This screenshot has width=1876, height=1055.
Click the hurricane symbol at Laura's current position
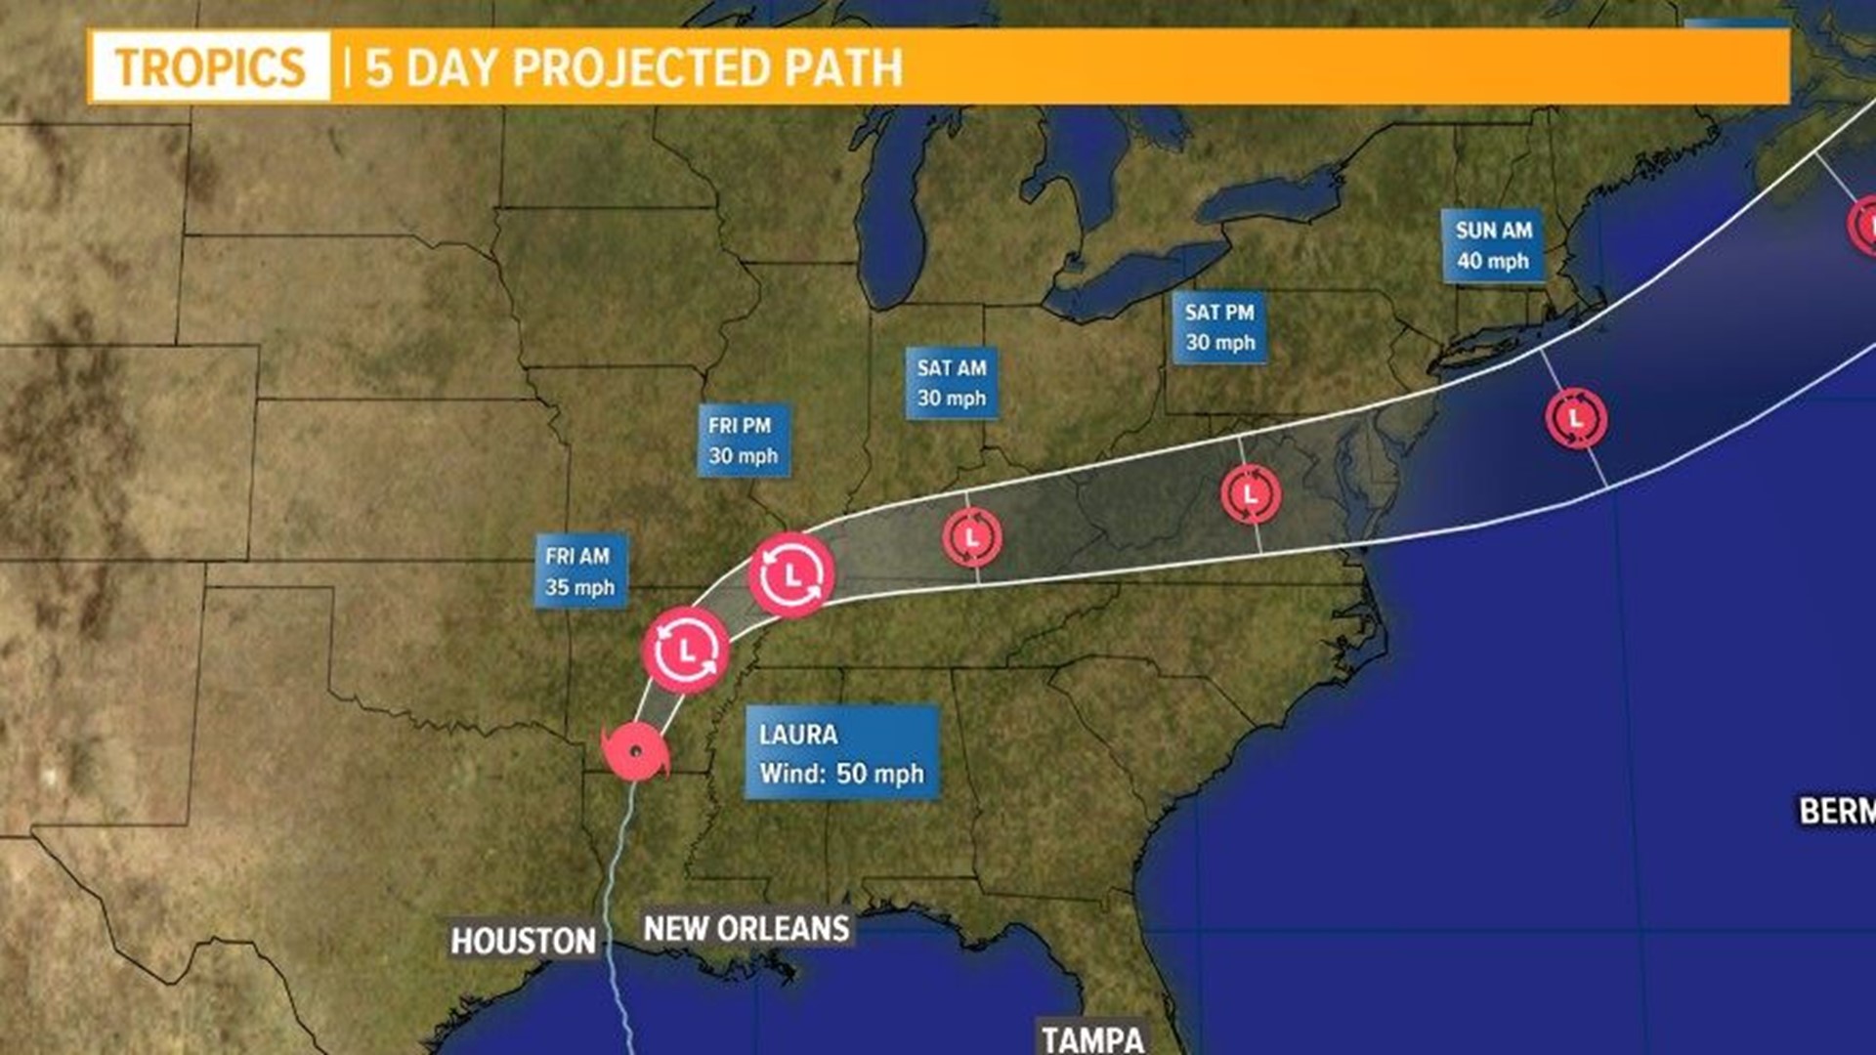pyautogui.click(x=636, y=752)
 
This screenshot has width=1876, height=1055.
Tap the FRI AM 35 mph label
pyautogui.click(x=580, y=571)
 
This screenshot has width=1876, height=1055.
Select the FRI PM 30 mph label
pyautogui.click(x=744, y=441)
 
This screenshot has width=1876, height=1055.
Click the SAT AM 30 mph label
pyautogui.click(x=952, y=383)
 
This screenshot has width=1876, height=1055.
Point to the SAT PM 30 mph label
pyautogui.click(x=1219, y=327)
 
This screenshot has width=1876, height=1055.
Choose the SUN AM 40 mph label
pyautogui.click(x=1493, y=245)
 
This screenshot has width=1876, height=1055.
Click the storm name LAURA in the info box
pyautogui.click(x=798, y=735)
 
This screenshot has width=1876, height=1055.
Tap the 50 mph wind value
pyautogui.click(x=879, y=774)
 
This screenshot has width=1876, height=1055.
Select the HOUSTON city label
pyautogui.click(x=523, y=941)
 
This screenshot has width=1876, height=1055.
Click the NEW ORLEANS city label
pyautogui.click(x=746, y=928)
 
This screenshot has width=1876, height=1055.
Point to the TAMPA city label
pyautogui.click(x=1092, y=1038)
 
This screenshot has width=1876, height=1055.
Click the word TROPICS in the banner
pyautogui.click(x=210, y=67)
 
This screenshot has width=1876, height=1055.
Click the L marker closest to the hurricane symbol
pyautogui.click(x=686, y=651)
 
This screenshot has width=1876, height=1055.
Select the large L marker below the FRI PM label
pyautogui.click(x=791, y=575)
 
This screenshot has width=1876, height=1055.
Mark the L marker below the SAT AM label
pyautogui.click(x=972, y=537)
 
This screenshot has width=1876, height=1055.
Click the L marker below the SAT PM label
pyautogui.click(x=1251, y=494)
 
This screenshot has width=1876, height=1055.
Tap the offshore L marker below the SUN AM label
pyautogui.click(x=1576, y=418)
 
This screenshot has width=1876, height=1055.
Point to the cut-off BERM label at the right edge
pyautogui.click(x=1837, y=811)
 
